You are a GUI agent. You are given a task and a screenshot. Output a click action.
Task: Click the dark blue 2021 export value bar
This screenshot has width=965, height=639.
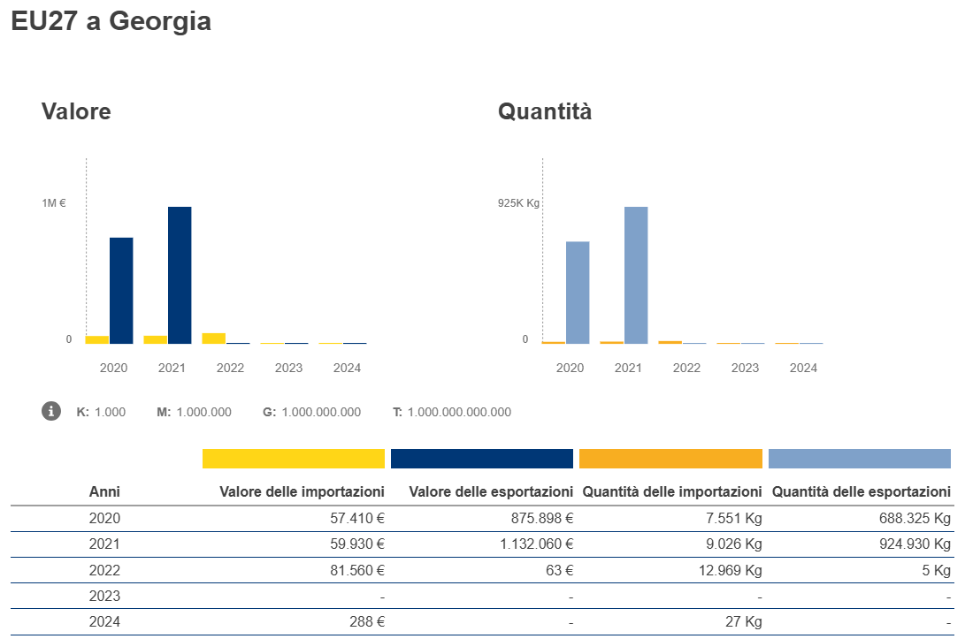click(x=180, y=275)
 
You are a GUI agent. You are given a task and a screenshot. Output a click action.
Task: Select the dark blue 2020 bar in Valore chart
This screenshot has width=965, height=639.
click(x=121, y=290)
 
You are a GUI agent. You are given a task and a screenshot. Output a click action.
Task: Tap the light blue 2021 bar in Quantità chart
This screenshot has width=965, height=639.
click(x=636, y=275)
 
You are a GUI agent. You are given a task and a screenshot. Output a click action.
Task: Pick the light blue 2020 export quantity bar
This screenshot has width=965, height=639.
click(x=578, y=292)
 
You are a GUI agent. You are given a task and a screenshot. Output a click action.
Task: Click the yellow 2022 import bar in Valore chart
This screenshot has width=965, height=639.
click(x=213, y=339)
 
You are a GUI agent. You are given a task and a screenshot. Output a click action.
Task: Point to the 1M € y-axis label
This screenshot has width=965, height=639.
click(x=54, y=203)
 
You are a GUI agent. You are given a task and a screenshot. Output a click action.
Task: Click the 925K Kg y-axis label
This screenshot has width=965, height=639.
click(x=518, y=203)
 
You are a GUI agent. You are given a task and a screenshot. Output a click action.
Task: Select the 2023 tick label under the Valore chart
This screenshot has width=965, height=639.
click(x=288, y=368)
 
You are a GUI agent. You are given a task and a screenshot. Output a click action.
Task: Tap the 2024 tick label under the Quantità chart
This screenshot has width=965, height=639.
click(x=803, y=368)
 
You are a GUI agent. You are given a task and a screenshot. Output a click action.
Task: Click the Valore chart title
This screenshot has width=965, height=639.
click(x=76, y=112)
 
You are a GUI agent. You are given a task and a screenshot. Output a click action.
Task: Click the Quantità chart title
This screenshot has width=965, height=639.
click(x=545, y=112)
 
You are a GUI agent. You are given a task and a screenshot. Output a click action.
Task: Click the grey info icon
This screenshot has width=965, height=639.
click(x=51, y=411)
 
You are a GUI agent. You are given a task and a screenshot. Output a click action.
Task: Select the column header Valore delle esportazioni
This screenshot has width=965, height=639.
click(x=482, y=491)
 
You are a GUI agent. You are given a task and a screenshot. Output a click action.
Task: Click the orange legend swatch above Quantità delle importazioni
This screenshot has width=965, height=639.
click(x=670, y=459)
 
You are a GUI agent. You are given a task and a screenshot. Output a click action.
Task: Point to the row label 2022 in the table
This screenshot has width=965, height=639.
click(x=104, y=570)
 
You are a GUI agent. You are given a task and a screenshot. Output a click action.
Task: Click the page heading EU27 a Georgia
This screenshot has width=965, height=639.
click(x=111, y=21)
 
